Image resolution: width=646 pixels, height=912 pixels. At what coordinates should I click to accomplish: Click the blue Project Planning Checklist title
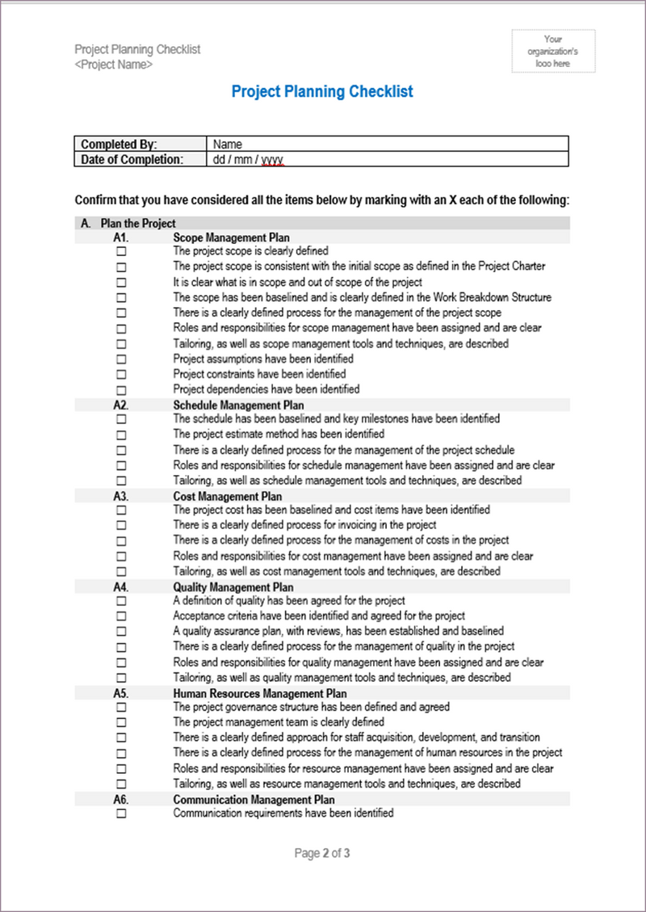[322, 91]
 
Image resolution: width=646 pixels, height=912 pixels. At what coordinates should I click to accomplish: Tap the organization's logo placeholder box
[553, 51]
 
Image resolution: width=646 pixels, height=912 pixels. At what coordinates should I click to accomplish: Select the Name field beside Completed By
[228, 145]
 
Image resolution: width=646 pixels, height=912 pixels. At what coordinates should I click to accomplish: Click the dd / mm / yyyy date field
[249, 160]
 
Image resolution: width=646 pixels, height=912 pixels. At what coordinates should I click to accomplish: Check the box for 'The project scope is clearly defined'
[122, 252]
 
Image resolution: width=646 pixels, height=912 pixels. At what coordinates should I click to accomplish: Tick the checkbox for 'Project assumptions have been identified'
[122, 359]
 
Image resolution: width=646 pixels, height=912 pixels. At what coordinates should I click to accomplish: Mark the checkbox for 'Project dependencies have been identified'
[122, 390]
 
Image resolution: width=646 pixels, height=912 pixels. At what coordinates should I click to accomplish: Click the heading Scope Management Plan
[231, 238]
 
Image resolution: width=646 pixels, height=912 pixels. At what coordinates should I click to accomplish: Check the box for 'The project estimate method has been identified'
[122, 435]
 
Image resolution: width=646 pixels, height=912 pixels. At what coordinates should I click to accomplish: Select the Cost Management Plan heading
[228, 497]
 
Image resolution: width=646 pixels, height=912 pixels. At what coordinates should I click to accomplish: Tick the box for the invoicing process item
[122, 526]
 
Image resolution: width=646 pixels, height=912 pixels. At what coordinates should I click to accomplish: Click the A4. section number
[122, 588]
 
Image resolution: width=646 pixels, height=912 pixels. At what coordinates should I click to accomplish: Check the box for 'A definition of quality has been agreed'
[122, 602]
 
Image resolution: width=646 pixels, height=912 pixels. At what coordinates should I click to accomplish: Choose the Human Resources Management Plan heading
[260, 694]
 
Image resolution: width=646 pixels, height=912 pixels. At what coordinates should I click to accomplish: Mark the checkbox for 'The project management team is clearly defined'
[122, 723]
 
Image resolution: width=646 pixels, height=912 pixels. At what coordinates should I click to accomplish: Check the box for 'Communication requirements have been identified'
[122, 814]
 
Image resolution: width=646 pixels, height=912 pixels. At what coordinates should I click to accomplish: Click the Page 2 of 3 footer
[322, 854]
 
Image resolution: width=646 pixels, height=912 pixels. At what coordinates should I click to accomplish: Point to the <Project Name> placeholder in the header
[113, 65]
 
